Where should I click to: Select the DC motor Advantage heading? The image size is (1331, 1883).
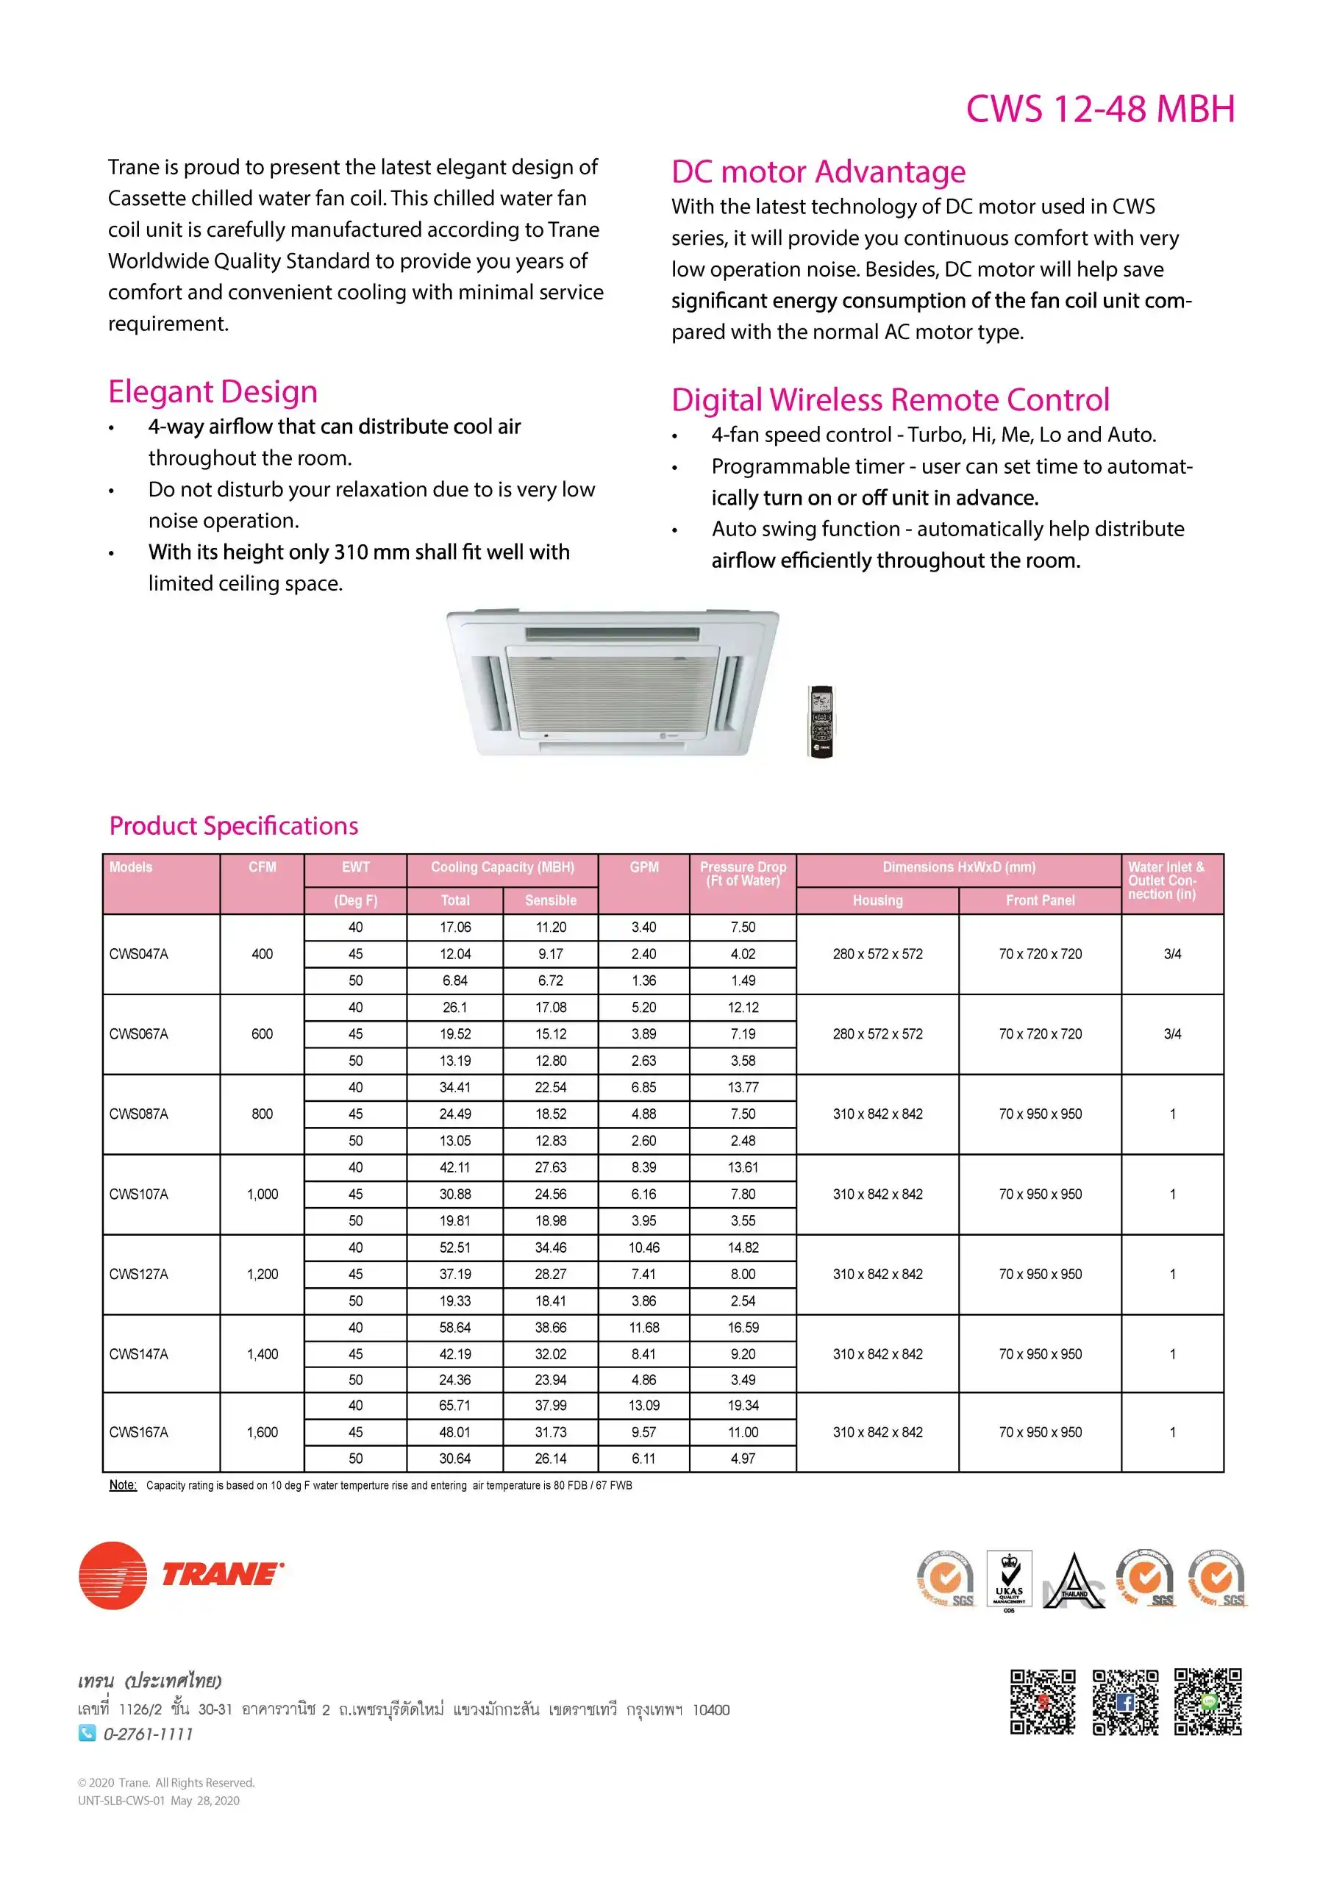pyautogui.click(x=818, y=172)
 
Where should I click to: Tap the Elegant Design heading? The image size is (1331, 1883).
pyautogui.click(x=213, y=392)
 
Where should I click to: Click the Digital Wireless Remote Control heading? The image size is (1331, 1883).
pyautogui.click(x=890, y=400)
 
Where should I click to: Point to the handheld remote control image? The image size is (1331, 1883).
pyautogui.click(x=821, y=721)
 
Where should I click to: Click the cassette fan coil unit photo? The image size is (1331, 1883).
pyautogui.click(x=613, y=683)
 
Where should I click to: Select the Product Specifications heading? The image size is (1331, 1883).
pyautogui.click(x=234, y=826)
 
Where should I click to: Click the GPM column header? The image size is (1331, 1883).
pyautogui.click(x=643, y=868)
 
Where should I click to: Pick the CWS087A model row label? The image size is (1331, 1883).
pyautogui.click(x=138, y=1114)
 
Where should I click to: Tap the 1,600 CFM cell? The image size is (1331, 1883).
pyautogui.click(x=263, y=1432)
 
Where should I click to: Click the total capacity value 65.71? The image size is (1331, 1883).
pyautogui.click(x=454, y=1405)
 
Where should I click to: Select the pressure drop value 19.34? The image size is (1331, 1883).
pyautogui.click(x=743, y=1405)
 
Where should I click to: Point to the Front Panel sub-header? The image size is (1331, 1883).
pyautogui.click(x=1040, y=900)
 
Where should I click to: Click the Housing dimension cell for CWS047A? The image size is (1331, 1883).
pyautogui.click(x=877, y=954)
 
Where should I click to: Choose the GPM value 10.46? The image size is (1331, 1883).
pyautogui.click(x=643, y=1247)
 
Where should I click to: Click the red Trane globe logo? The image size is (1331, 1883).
pyautogui.click(x=113, y=1576)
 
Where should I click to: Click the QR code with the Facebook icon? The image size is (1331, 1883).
pyautogui.click(x=1125, y=1702)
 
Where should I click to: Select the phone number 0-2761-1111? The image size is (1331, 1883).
pyautogui.click(x=148, y=1734)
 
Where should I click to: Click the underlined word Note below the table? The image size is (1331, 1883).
pyautogui.click(x=123, y=1485)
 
